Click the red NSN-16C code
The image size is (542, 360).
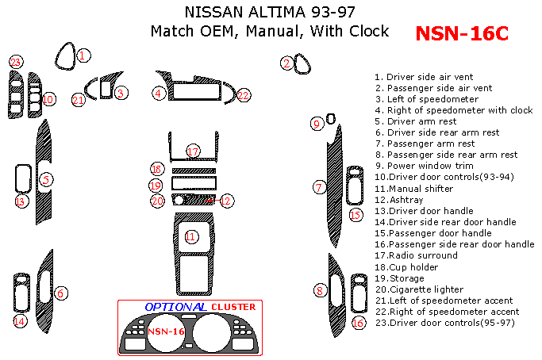coord(462,33)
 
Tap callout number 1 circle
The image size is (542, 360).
coord(84,55)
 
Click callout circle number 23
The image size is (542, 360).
coord(15,61)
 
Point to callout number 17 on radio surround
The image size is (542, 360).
coord(193,151)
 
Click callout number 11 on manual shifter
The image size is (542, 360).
coord(190,236)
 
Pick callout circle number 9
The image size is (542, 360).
coord(317,123)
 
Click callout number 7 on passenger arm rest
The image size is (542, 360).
coord(319,187)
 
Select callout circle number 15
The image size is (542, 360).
coord(356,214)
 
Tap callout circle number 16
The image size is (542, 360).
coord(358,323)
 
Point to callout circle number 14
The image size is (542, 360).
coord(19,320)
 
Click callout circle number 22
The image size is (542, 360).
coord(243,94)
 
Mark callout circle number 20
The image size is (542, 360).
coord(157,201)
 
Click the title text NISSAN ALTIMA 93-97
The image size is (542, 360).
coord(270,12)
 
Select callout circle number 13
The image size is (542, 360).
coord(20,201)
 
